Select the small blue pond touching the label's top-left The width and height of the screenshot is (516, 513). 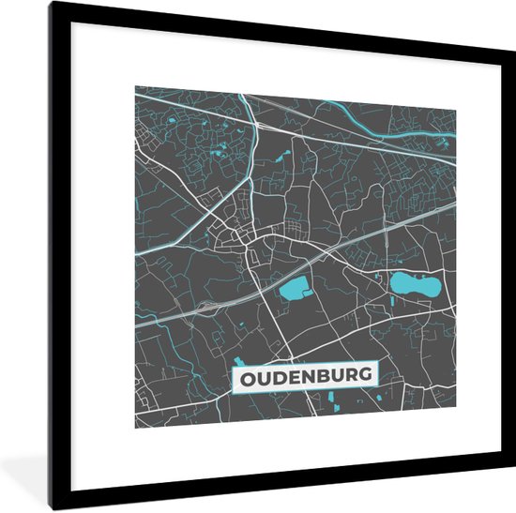237,360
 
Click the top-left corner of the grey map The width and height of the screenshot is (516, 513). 135,87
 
